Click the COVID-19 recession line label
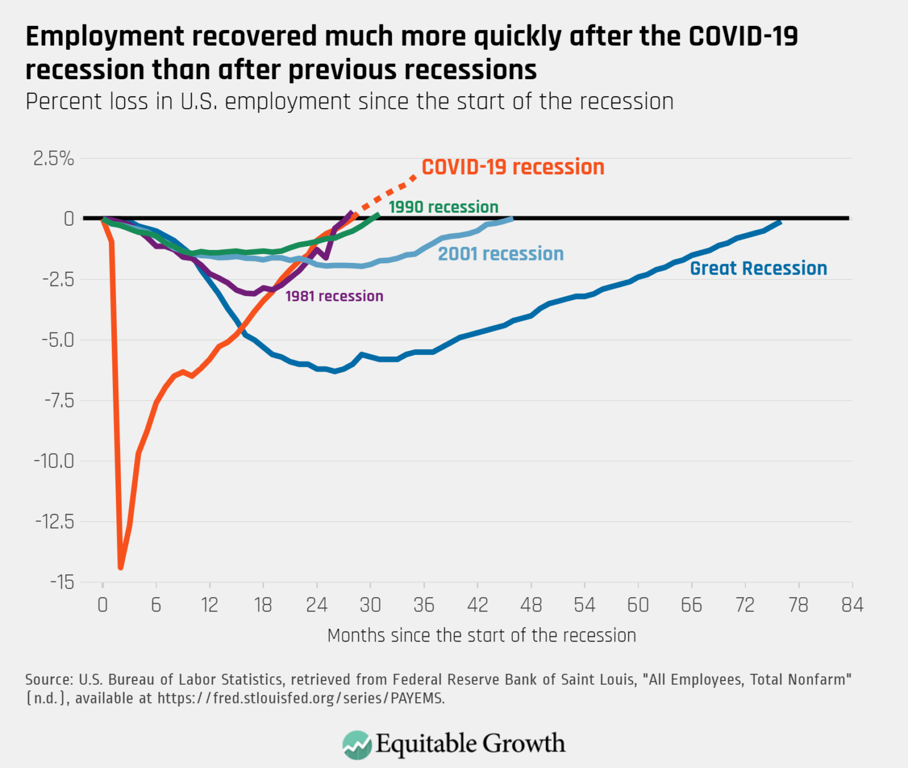(513, 167)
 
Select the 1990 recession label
(443, 207)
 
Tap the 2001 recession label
(500, 253)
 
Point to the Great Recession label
(758, 268)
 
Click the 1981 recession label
(334, 296)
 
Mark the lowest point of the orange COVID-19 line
(121, 567)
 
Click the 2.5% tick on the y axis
(53, 158)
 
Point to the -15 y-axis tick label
(62, 582)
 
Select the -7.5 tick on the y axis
(59, 401)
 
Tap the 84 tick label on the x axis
(852, 605)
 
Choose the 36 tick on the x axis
(424, 605)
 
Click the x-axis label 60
(638, 605)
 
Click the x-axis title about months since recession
(481, 636)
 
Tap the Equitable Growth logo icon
(356, 744)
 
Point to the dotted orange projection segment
(387, 193)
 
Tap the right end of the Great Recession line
(780, 222)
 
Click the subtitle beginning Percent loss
(349, 102)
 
